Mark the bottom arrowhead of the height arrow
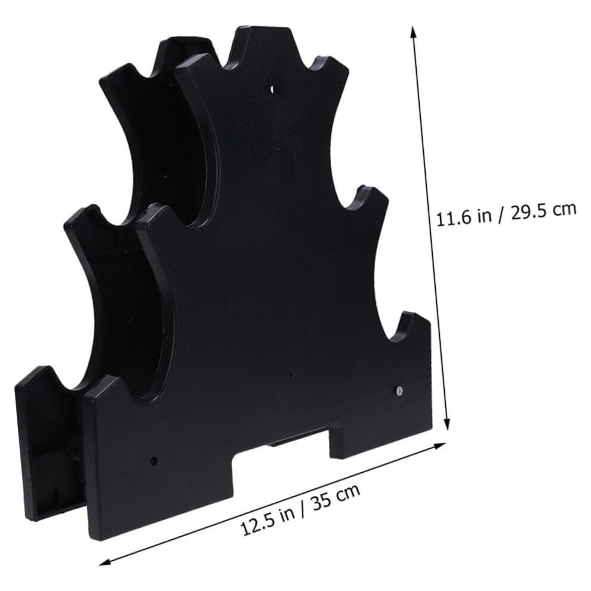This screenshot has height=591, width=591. pyautogui.click(x=447, y=425)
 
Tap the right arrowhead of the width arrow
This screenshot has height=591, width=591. pyautogui.click(x=439, y=447)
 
